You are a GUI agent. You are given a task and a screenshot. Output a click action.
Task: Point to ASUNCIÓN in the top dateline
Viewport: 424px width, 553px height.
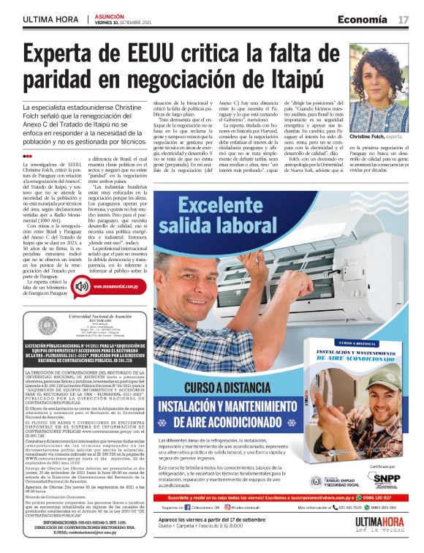coord(109,15)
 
